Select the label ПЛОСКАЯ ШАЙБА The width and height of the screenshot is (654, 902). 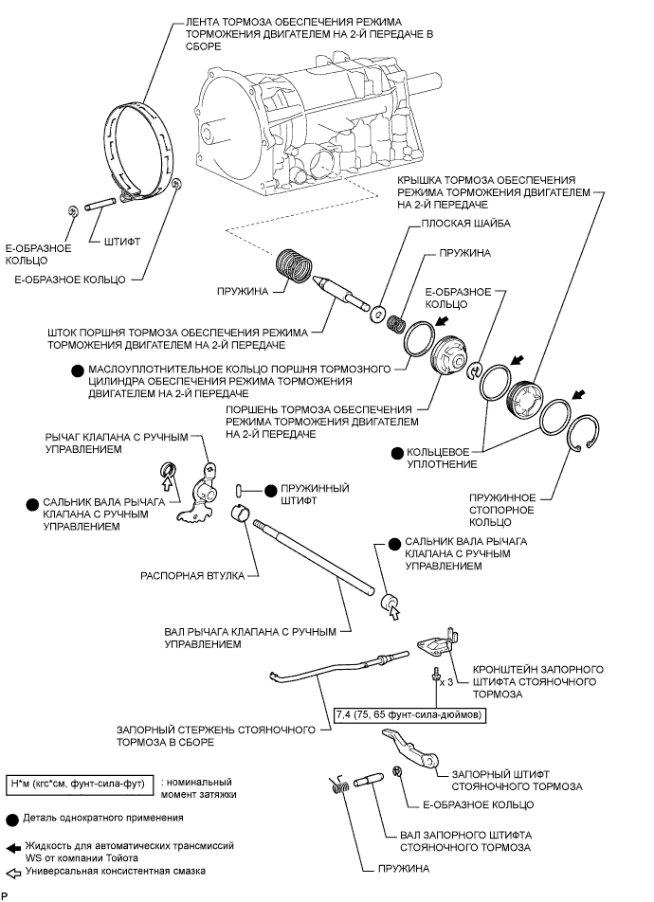[457, 224]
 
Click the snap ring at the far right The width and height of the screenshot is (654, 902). [584, 437]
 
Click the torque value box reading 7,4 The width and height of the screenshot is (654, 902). [409, 713]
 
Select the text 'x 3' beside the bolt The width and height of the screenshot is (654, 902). [445, 681]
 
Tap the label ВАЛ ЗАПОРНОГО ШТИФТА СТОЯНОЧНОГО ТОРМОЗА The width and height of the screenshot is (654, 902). [458, 840]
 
